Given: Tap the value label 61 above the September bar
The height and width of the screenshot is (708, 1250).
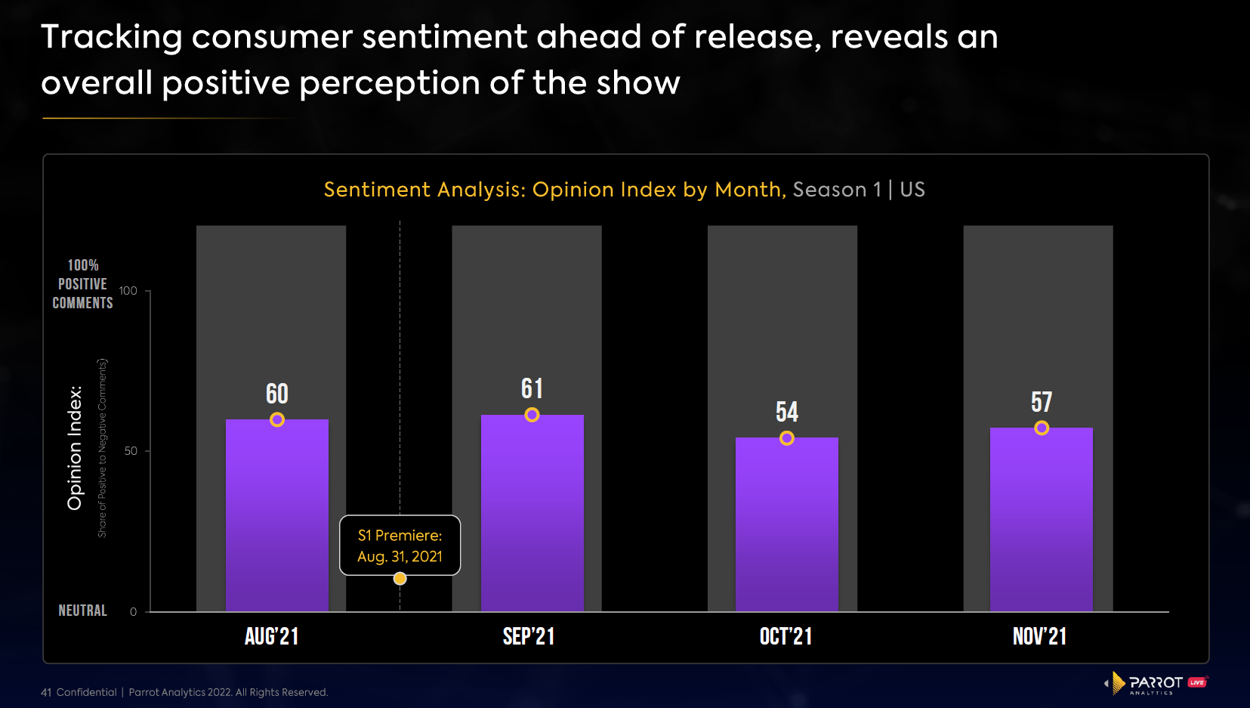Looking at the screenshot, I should pos(532,388).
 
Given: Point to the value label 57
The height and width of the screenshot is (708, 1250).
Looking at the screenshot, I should pos(1042,402).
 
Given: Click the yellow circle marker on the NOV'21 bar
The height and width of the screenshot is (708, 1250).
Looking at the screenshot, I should pos(1042,428).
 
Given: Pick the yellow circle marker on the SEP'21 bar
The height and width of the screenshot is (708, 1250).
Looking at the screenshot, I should pos(532,415).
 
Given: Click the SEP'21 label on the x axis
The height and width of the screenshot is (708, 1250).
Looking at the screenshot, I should pos(529,636).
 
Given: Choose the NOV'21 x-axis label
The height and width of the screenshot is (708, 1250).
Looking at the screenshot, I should pos(1039,636).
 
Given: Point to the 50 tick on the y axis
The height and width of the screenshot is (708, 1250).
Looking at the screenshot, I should pos(131,451).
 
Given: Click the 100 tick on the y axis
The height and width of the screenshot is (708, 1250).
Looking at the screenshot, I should pos(128,291).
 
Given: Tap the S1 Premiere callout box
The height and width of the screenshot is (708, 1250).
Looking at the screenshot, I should pos(400,546).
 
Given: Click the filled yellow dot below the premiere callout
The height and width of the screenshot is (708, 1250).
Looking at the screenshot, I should pos(400,579).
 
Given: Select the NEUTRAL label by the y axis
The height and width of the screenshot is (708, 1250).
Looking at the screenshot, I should pos(82,611).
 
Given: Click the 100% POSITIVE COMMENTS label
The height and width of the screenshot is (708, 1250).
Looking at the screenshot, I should pos(82,284).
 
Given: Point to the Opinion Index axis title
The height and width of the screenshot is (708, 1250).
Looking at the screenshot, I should pos(75,447).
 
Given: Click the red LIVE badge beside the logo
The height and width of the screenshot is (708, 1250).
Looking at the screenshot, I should pos(1198,682).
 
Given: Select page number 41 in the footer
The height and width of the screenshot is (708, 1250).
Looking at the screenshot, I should pos(46,692).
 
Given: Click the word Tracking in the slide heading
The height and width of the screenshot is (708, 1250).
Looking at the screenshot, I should pos(112,37).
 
